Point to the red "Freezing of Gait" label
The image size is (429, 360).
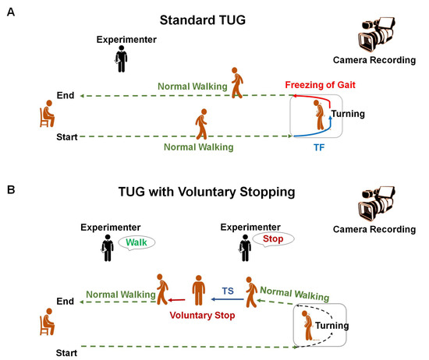coord(321,83)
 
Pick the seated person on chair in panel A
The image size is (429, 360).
coord(45,115)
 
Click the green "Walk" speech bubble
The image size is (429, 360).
coord(136,243)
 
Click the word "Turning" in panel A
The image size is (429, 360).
coord(347,115)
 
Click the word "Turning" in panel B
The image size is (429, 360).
coord(331,326)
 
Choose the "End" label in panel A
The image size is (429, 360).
coord(66,96)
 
